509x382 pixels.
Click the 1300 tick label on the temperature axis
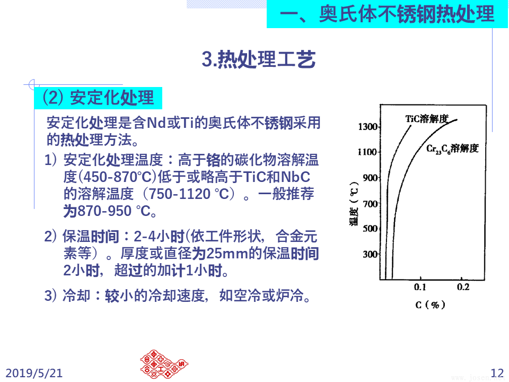[367, 126]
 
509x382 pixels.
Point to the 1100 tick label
[367, 152]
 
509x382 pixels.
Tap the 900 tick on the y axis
[370, 178]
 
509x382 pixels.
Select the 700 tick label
[370, 204]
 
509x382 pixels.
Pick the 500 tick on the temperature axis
[370, 228]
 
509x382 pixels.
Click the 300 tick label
[370, 254]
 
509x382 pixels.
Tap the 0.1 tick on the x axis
[420, 287]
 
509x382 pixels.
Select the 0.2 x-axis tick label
[463, 287]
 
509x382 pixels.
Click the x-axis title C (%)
[431, 305]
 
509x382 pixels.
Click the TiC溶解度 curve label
[427, 118]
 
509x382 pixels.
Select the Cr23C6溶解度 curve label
[452, 149]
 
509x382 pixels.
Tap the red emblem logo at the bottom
[164, 364]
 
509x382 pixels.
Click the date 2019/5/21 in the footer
[34, 373]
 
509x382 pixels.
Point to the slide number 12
[497, 373]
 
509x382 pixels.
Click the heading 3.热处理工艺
[258, 59]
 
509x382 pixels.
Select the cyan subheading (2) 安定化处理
[98, 98]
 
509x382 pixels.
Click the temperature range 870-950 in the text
[104, 211]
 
